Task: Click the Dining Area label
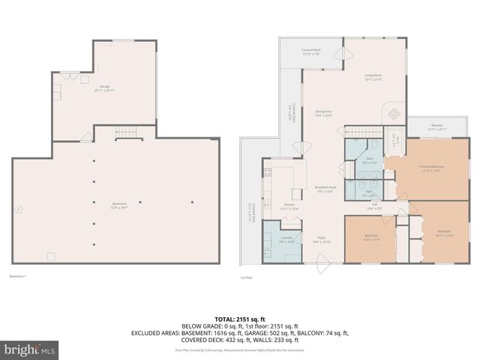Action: pos(323,113)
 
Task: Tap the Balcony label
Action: pos(436,127)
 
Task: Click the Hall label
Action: pos(373,207)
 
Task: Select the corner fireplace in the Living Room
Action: pos(392,115)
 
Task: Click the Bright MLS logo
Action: pos(28,349)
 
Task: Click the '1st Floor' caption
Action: pos(247,277)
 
